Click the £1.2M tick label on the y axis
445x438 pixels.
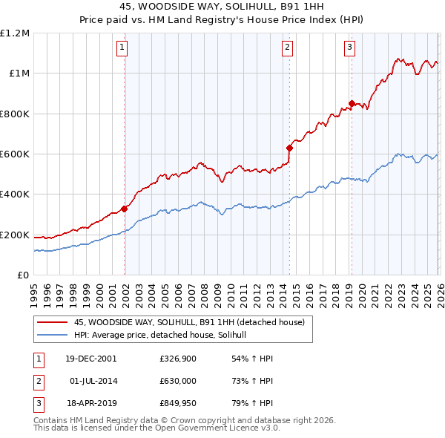(15, 33)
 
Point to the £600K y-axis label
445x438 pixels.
(15, 154)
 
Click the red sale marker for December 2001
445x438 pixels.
(124, 209)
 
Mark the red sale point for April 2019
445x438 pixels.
(351, 103)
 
